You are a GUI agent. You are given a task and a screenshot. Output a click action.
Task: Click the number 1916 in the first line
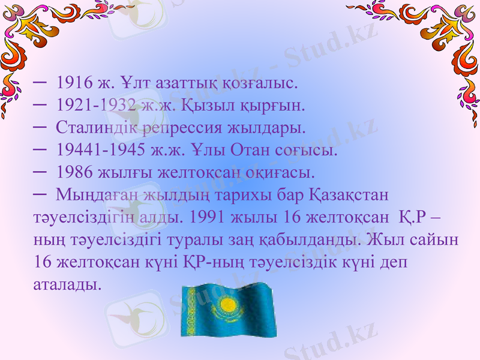click(x=71, y=82)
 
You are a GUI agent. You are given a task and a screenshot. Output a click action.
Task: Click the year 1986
click(x=71, y=173)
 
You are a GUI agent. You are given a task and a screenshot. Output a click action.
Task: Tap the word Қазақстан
click(x=350, y=195)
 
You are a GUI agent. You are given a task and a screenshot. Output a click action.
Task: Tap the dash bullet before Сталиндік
click(x=41, y=127)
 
